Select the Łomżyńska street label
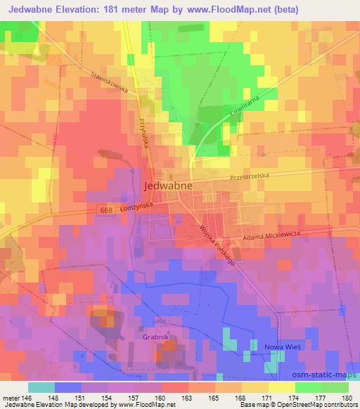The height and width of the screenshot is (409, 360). (x=139, y=207)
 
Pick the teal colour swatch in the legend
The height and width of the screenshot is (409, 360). (x=41, y=387)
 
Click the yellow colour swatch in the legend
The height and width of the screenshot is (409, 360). (x=281, y=387)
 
